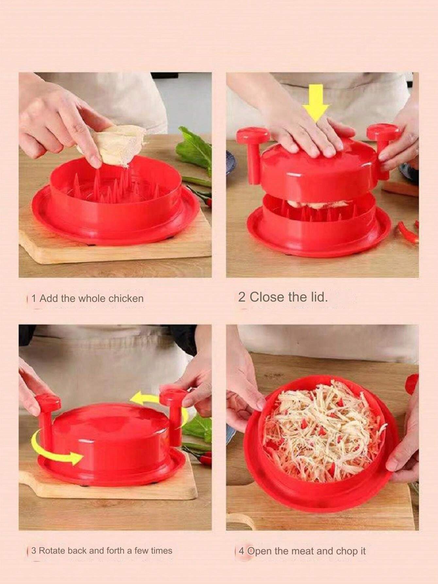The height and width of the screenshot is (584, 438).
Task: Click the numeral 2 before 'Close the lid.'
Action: [242, 297]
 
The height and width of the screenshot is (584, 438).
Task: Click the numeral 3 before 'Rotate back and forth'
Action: [34, 551]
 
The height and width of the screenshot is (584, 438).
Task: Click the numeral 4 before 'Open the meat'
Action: [242, 551]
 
